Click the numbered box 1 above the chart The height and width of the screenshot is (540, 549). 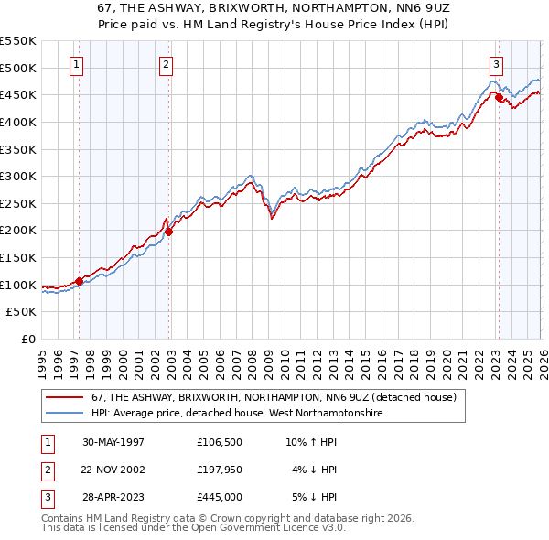[75, 64]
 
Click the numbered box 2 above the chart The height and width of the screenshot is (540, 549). [165, 64]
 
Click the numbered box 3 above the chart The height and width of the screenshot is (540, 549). [495, 64]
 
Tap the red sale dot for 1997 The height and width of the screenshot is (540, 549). [80, 281]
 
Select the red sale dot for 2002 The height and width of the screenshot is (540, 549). [168, 232]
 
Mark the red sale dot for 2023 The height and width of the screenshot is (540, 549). [499, 98]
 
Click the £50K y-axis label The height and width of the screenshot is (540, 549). [22, 312]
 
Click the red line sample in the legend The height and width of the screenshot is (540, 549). [65, 398]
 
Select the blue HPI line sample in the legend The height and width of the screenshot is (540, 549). [65, 414]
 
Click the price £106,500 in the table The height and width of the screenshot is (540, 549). [220, 442]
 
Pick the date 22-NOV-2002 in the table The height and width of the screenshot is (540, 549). [113, 470]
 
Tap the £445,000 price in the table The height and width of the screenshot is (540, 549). [220, 497]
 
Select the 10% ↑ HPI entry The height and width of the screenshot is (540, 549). [311, 442]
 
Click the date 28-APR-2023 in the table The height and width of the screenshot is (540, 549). [113, 497]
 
